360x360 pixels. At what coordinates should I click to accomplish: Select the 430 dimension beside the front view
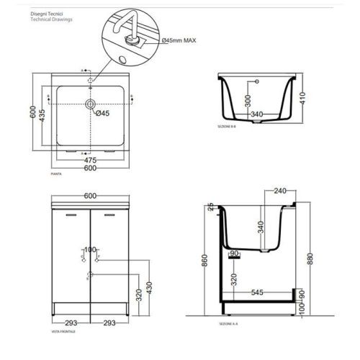(150, 289)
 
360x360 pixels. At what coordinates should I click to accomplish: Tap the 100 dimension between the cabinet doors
(90, 251)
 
